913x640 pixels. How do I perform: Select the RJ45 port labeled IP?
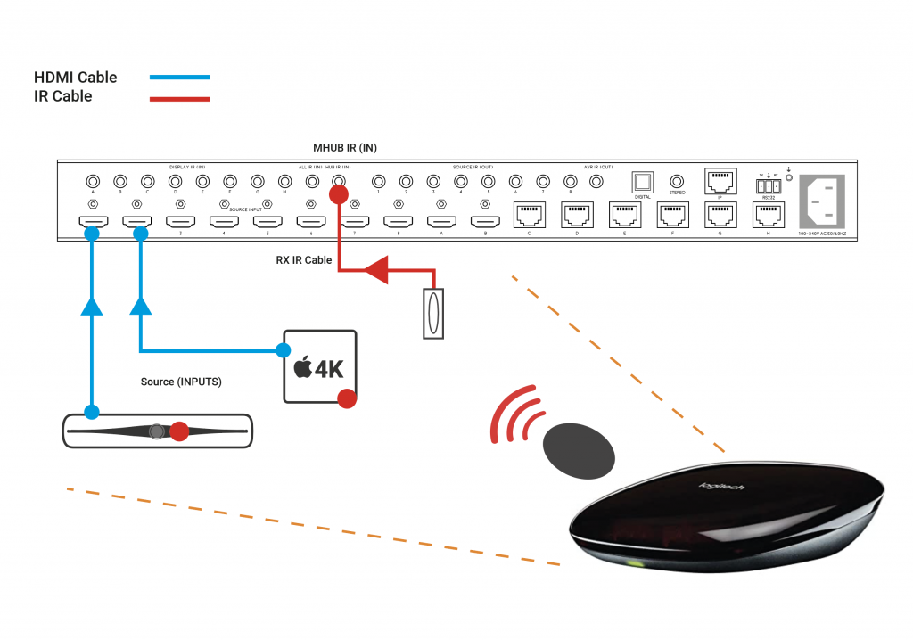(719, 181)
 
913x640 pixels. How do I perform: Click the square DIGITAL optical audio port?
(642, 182)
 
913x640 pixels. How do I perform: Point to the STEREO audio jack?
(678, 181)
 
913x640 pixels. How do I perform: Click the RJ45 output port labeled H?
(767, 215)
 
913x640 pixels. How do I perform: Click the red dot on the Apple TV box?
(348, 398)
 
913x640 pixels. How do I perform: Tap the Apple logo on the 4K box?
(302, 367)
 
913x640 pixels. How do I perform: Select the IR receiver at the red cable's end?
(432, 312)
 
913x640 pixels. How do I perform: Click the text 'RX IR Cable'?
(304, 261)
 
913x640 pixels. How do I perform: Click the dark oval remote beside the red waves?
(580, 448)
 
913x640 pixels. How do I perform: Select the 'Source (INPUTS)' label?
(181, 382)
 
